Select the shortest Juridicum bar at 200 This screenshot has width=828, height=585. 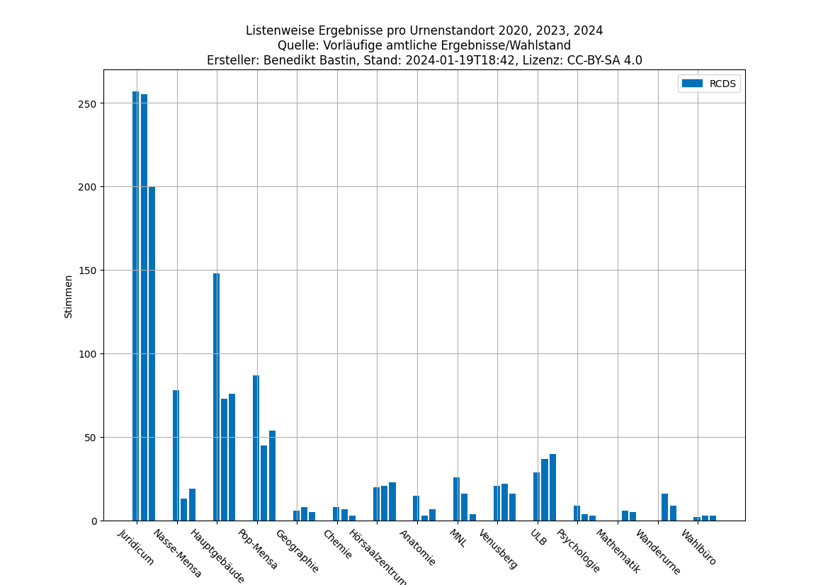(152, 353)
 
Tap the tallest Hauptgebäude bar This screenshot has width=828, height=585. (216, 397)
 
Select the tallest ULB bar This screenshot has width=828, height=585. (552, 487)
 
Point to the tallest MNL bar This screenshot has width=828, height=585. (456, 499)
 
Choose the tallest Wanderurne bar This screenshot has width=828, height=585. (664, 507)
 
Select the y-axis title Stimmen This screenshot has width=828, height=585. (69, 296)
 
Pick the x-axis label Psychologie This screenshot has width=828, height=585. (579, 551)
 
